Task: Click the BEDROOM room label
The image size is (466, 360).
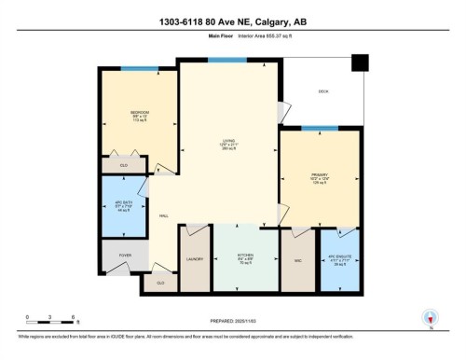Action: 140,112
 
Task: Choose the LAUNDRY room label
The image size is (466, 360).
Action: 196,259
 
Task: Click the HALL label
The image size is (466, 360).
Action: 163,216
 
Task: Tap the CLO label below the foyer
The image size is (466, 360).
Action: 160,283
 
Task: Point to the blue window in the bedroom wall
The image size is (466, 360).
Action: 132,68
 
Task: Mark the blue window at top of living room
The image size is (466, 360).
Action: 221,61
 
